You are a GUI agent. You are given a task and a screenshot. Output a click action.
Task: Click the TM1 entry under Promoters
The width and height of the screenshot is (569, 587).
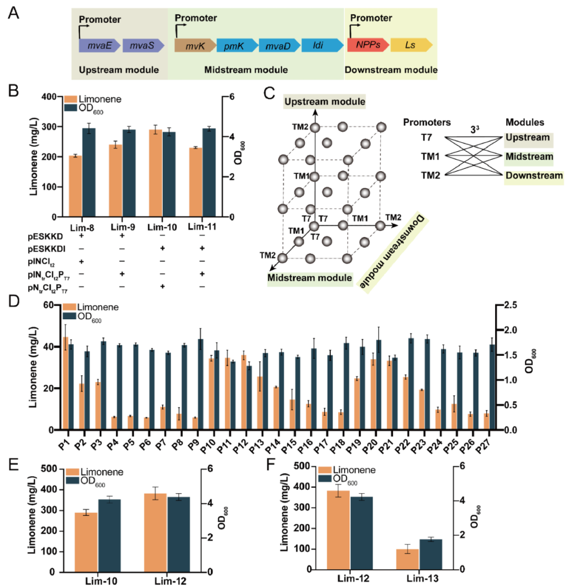tap(416, 156)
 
